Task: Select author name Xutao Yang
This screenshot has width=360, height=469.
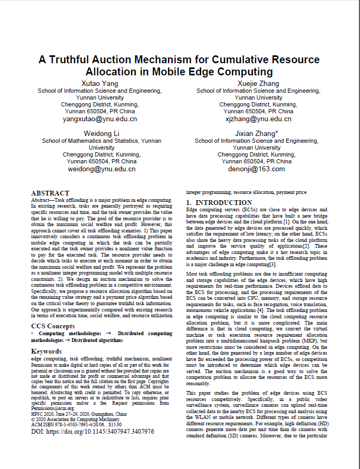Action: coord(100,83)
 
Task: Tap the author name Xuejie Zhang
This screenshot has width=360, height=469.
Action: coord(258,83)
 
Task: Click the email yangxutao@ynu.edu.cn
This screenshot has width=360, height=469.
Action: coord(100,119)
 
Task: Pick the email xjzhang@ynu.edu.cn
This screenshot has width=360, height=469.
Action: coord(258,119)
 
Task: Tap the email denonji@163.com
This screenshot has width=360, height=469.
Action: coord(257,169)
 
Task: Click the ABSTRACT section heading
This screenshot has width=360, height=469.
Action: coord(50,193)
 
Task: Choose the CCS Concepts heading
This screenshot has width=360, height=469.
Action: coord(53,326)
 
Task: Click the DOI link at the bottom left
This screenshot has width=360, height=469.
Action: coord(92,432)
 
